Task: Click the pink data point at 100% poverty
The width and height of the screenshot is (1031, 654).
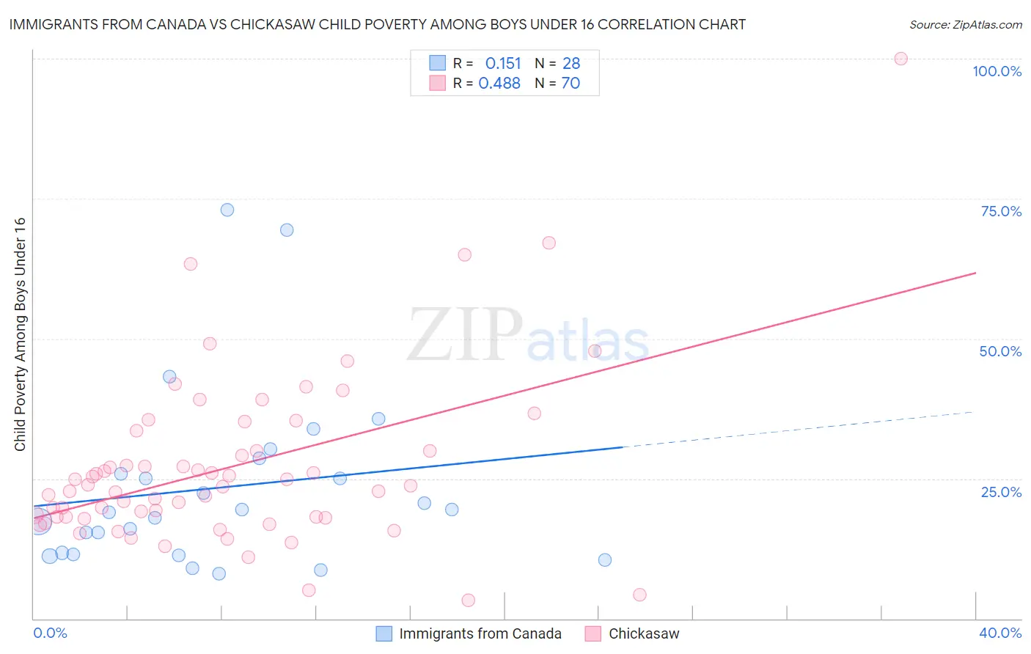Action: coord(900,59)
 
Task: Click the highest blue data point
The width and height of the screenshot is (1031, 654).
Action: coord(227,210)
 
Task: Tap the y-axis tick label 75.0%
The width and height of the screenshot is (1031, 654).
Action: coord(1001,211)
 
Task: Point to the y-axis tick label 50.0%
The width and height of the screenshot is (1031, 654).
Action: coord(1000,351)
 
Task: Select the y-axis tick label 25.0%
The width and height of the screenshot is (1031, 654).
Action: coord(1001,492)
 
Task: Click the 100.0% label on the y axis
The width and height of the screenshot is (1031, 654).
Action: coord(997,71)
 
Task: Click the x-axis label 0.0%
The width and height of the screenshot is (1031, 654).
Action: coord(50,633)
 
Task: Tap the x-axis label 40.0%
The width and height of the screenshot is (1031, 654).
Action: coord(1000,633)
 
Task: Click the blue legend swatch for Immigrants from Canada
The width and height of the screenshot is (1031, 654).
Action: coord(384,633)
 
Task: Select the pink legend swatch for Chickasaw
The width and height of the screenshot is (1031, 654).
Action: coord(593,633)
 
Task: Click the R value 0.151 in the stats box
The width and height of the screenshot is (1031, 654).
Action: coord(503,64)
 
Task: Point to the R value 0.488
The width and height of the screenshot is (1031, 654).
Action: coord(499,84)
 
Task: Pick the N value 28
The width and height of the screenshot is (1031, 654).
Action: coord(571,64)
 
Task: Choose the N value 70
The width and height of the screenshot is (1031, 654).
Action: coord(570,84)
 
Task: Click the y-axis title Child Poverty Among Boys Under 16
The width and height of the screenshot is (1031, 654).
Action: coord(20,334)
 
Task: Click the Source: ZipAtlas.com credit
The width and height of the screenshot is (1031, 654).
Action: coord(965,25)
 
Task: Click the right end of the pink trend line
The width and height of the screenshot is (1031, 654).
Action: coord(975,273)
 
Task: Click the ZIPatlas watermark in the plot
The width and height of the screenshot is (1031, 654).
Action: coord(528,336)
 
